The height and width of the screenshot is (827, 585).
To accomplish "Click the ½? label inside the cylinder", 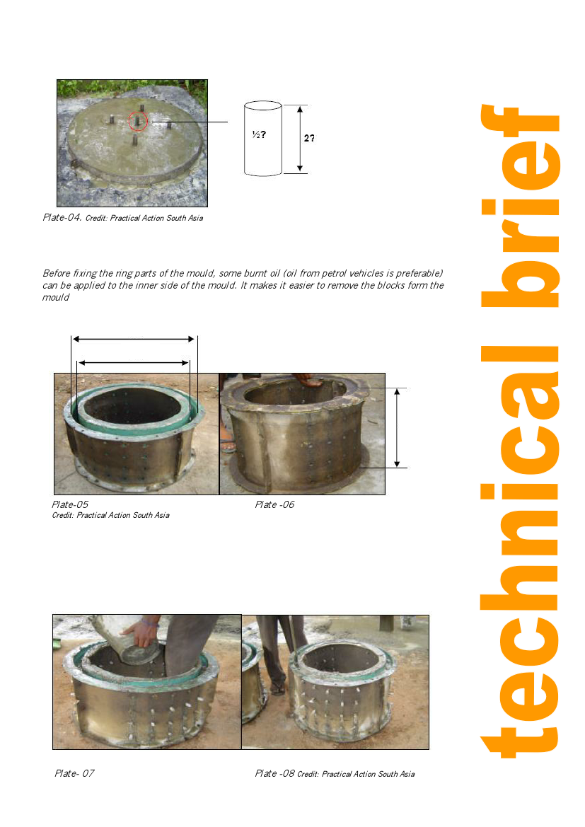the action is (259, 134).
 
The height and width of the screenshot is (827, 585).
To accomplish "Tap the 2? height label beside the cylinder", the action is (309, 138).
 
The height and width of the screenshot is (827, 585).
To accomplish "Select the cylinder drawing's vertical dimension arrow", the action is (300, 139).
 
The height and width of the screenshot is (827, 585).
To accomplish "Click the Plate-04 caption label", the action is (62, 217).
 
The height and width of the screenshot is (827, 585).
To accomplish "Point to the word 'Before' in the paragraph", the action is (57, 273).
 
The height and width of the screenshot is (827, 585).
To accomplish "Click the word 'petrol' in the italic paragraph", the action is (334, 273).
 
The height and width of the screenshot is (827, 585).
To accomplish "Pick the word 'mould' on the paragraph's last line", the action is (55, 297).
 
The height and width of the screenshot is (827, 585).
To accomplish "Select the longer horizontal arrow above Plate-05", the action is (134, 339).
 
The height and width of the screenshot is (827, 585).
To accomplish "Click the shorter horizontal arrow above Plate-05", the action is (134, 363).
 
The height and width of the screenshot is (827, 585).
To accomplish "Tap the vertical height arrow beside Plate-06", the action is (397, 428).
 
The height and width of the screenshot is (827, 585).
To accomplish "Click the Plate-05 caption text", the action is (70, 504).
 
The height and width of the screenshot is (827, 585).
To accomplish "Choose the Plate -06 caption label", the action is (274, 504).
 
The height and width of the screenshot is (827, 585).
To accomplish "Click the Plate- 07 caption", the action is (74, 773).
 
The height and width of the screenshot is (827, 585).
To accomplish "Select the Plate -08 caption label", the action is (274, 773).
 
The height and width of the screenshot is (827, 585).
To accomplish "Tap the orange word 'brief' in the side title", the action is (520, 206).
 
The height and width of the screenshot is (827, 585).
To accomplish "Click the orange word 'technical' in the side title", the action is (520, 552).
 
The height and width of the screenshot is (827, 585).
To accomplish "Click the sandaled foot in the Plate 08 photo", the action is (276, 687).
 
